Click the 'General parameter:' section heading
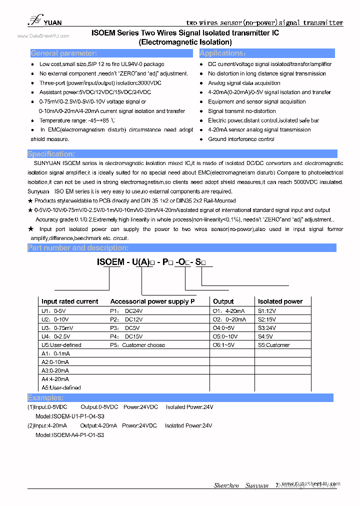point(64,53)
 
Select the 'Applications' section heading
point(222,53)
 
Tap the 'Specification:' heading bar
point(51,154)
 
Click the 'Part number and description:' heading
point(78,248)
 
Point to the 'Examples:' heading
point(45,398)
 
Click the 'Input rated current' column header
point(69,301)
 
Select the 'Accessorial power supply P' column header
point(152,301)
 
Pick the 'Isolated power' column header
point(280,301)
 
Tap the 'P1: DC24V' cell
point(126,310)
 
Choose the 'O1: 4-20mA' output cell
point(229,310)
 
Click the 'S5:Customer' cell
point(273,345)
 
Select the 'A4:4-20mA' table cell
point(55,379)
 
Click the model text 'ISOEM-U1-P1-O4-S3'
point(70,416)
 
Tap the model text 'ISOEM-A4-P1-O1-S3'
point(70,435)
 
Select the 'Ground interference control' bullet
point(241,139)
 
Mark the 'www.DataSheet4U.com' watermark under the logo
point(43,36)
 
